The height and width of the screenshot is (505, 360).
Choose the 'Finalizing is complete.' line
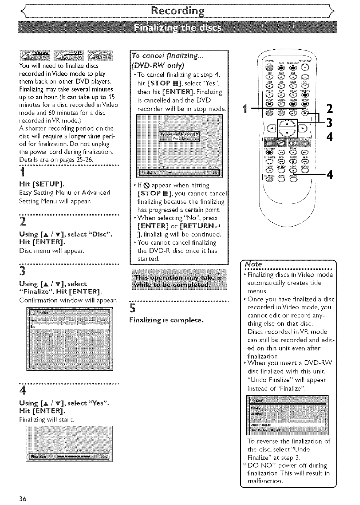[167, 320]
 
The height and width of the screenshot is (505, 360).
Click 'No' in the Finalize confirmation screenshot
[33, 326]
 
